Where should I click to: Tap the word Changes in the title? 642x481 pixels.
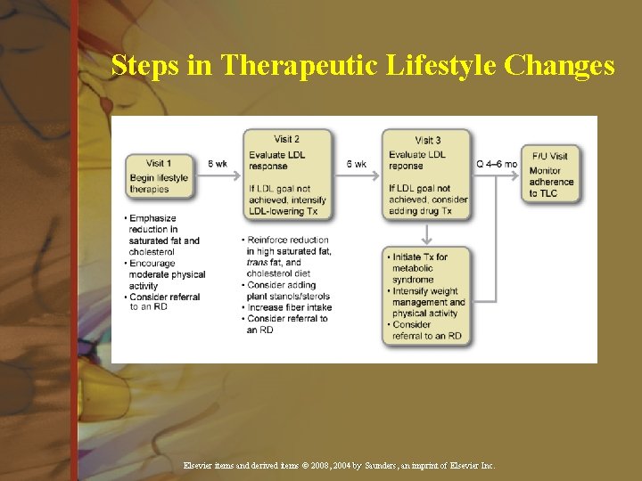[x=559, y=66]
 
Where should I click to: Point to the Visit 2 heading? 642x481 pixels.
[x=287, y=139]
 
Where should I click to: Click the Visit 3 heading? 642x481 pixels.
[x=427, y=140]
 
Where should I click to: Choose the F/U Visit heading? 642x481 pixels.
[x=549, y=157]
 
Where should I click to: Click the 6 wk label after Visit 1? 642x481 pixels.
[x=218, y=164]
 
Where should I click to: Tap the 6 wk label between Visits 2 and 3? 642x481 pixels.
[x=356, y=164]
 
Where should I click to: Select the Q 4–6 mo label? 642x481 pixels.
[x=497, y=164]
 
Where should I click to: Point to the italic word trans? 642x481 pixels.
[x=258, y=263]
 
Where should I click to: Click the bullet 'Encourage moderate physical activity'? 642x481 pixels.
[x=167, y=274]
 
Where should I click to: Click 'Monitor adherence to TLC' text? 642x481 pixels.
[x=551, y=182]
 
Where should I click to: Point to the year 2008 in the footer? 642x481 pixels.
[x=316, y=466]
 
